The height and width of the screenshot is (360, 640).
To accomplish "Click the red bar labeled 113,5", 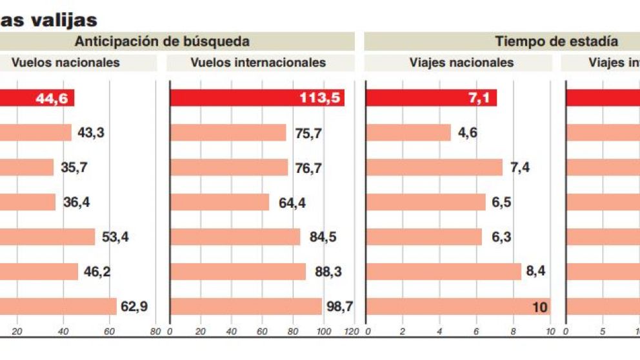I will pyautogui.click(x=257, y=98).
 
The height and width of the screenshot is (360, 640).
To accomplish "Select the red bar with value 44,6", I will pyautogui.click(x=37, y=98).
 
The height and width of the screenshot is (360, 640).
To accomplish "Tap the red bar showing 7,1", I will pyautogui.click(x=431, y=98).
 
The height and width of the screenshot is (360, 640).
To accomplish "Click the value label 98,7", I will pyautogui.click(x=339, y=307).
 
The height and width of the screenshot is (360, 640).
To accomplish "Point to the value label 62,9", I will pyautogui.click(x=134, y=307).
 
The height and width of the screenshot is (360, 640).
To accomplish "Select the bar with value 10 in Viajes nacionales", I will pyautogui.click(x=458, y=307).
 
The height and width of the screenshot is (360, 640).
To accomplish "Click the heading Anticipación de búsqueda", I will pyautogui.click(x=162, y=42).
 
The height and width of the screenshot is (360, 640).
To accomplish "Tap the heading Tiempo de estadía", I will pyautogui.click(x=556, y=42).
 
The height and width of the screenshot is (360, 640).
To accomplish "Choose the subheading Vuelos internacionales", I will pyautogui.click(x=258, y=63).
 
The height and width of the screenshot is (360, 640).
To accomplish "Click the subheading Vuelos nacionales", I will pyautogui.click(x=65, y=63).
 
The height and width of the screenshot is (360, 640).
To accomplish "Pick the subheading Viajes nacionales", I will pyautogui.click(x=461, y=63).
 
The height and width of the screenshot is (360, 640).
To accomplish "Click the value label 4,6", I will pyautogui.click(x=468, y=133).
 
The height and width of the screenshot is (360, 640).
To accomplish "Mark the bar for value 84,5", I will pyautogui.click(x=235, y=237).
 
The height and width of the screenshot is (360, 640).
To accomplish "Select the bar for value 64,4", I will pyautogui.click(x=219, y=203).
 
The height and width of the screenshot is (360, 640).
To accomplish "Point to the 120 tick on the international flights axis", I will pyautogui.click(x=350, y=332).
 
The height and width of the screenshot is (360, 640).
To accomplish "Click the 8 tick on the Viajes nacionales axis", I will pyautogui.click(x=514, y=332).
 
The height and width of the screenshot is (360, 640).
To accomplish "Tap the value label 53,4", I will pyautogui.click(x=115, y=237).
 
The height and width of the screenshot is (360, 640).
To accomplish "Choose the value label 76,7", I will pyautogui.click(x=308, y=168).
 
